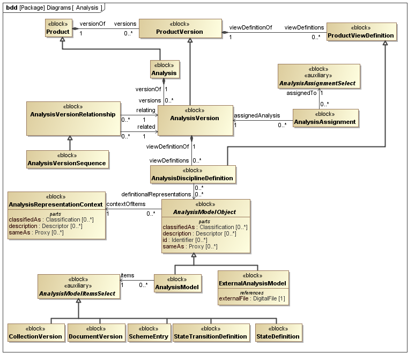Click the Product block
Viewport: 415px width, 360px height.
58,28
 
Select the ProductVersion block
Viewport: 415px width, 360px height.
180,28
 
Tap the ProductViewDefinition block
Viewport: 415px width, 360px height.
361,32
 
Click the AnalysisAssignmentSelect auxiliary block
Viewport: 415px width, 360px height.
319,77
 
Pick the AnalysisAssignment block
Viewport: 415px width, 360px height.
324,118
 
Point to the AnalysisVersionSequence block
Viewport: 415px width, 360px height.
68,159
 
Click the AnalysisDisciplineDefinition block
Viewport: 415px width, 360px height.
192,174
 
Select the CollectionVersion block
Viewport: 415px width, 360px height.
36,333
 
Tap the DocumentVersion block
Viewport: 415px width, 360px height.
96,333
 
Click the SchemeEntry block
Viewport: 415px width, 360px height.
149,333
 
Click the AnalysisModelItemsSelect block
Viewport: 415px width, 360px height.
78,286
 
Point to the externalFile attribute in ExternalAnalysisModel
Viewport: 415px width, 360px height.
253,298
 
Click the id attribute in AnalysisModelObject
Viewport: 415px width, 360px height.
166,240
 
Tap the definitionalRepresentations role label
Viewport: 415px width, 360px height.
156,194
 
